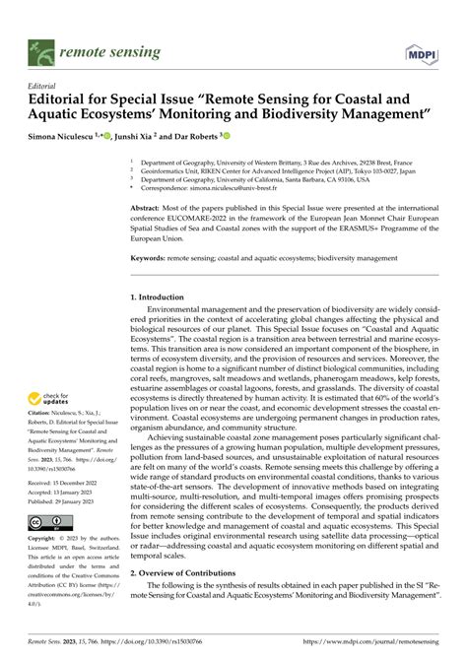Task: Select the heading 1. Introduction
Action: [164, 297]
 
